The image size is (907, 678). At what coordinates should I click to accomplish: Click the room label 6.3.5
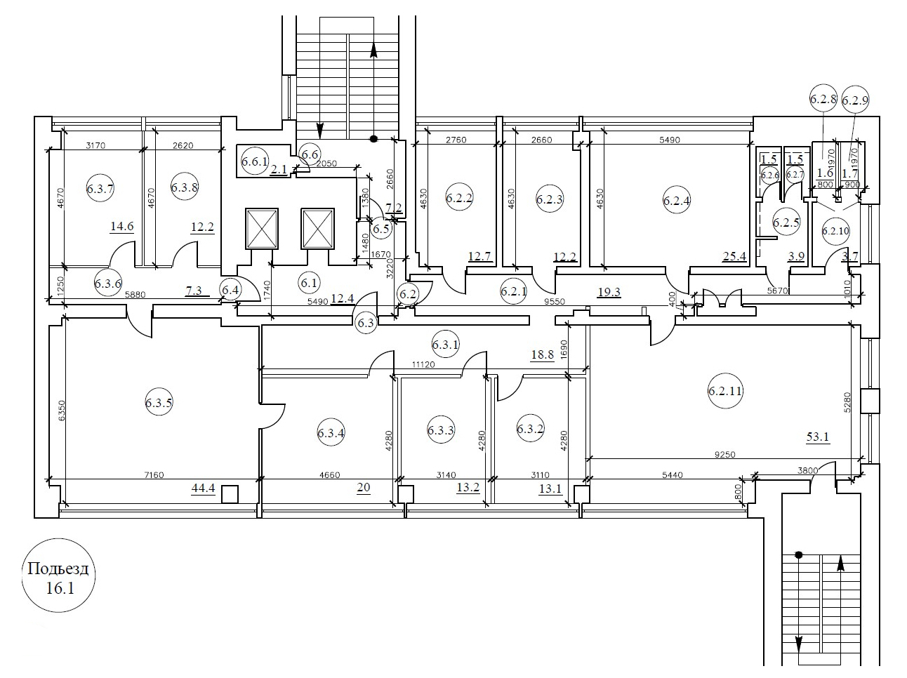[x=159, y=402]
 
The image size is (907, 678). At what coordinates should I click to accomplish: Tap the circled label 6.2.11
[x=725, y=391]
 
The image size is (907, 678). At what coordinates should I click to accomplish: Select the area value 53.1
[x=818, y=437]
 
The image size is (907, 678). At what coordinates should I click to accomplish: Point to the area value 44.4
[x=203, y=488]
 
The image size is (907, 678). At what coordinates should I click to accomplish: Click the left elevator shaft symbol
[x=262, y=229]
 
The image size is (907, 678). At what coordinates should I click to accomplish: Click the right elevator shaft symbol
[x=317, y=229]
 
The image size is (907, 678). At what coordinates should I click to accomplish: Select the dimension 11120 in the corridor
[x=423, y=365]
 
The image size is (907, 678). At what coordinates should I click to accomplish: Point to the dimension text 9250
[x=724, y=455]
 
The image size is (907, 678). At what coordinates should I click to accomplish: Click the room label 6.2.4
[x=677, y=201]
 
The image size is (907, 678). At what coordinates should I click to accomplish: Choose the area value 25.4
[x=734, y=257]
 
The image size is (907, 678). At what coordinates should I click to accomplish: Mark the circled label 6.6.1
[x=255, y=161]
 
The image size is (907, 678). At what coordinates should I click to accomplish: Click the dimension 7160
[x=154, y=475]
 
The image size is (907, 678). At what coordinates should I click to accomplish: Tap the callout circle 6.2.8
[x=823, y=99]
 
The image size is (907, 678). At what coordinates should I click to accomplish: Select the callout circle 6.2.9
[x=855, y=100]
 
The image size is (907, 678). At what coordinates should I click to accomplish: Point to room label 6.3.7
[x=100, y=189]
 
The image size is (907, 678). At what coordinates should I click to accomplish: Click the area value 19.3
[x=609, y=292]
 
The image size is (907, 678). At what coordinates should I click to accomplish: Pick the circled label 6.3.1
[x=446, y=344]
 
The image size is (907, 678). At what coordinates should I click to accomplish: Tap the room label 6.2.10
[x=835, y=230]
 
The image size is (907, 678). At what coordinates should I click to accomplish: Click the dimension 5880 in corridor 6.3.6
[x=135, y=295]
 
